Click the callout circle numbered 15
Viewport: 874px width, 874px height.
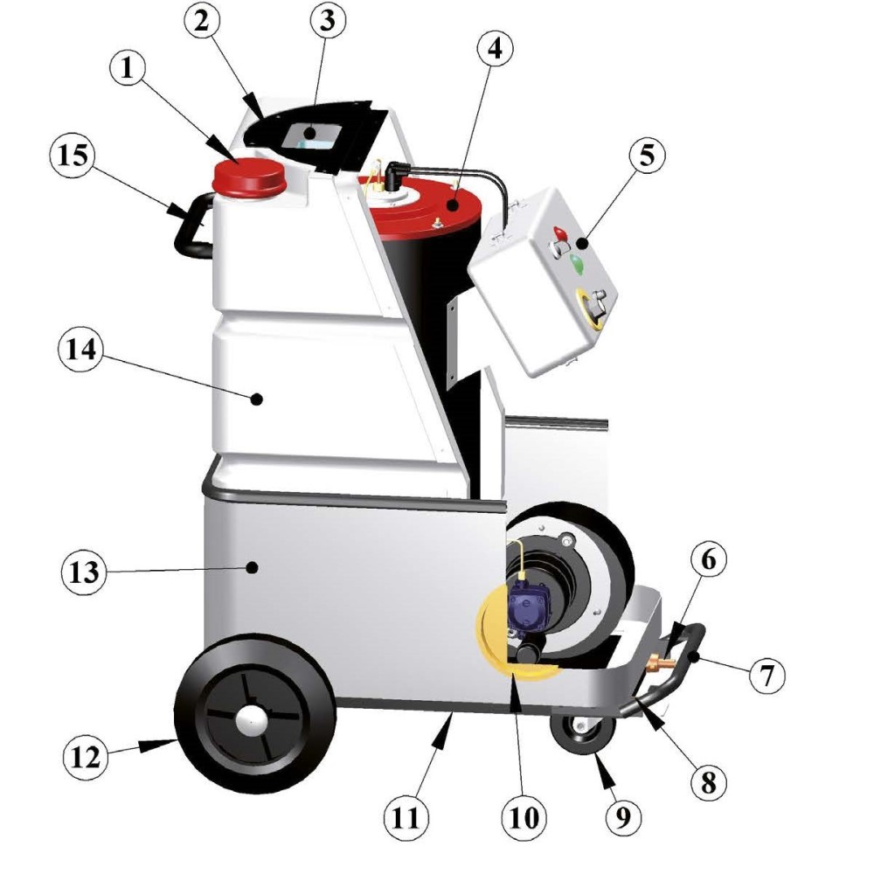click(73, 156)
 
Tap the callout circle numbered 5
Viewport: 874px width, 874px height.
click(647, 155)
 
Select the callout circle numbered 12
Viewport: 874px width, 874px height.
click(86, 758)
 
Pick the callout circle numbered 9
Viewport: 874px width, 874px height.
click(622, 817)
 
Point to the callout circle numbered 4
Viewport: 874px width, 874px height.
click(495, 48)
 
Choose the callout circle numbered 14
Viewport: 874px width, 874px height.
click(81, 350)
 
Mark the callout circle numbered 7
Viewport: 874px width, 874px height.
click(767, 675)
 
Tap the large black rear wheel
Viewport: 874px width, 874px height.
click(254, 715)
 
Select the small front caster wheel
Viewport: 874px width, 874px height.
click(582, 734)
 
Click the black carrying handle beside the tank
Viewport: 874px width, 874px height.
click(193, 225)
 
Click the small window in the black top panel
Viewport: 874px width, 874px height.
click(313, 136)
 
